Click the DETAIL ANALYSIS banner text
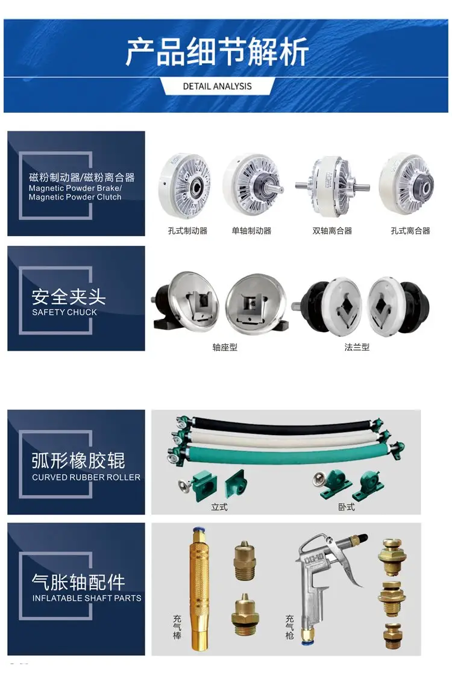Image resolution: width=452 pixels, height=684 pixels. pyautogui.click(x=218, y=86)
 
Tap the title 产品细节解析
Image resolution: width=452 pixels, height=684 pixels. pyautogui.click(x=218, y=51)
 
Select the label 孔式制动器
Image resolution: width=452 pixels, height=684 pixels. pyautogui.click(x=187, y=231)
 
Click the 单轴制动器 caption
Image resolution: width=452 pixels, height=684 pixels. pyautogui.click(x=252, y=231)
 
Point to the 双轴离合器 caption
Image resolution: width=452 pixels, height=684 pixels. pyautogui.click(x=333, y=231)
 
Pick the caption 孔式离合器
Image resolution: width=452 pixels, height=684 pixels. pyautogui.click(x=410, y=231)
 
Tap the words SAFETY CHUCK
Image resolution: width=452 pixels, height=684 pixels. pyautogui.click(x=64, y=312)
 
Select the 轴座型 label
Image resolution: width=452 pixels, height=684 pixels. pyautogui.click(x=225, y=347)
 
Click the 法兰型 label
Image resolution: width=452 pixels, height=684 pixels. pyautogui.click(x=357, y=347)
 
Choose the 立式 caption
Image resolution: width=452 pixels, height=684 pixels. pyautogui.click(x=219, y=507)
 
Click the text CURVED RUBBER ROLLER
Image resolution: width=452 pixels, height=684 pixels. pyautogui.click(x=86, y=477)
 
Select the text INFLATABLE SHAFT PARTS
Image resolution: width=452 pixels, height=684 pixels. pyautogui.click(x=87, y=598)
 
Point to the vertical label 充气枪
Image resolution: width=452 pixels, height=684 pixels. pyautogui.click(x=290, y=627)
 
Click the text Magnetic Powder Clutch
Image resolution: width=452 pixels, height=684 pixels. pyautogui.click(x=75, y=197)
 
